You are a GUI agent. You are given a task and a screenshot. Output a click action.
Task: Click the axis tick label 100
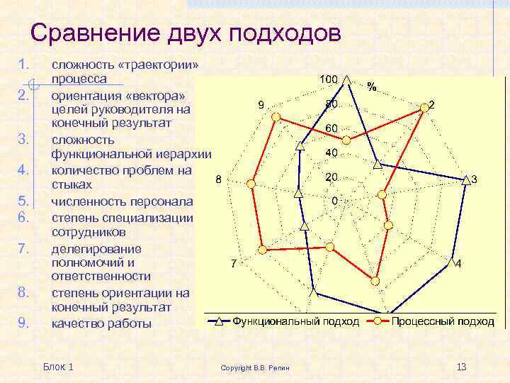pos(328,79)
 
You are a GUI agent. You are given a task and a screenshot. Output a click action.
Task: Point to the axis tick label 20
pos(331,177)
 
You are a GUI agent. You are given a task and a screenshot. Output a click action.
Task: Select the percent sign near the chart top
pos(371,87)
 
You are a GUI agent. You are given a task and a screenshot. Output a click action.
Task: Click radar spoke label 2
pos(432,104)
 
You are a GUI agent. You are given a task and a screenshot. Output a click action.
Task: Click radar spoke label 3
pos(474,180)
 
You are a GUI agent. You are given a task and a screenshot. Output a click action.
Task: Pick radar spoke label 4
pos(459,264)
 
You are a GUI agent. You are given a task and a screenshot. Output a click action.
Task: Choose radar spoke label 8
pos(218,179)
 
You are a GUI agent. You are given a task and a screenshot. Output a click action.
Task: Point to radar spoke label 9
pos(261,105)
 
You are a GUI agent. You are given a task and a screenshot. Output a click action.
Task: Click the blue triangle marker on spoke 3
pos(465,179)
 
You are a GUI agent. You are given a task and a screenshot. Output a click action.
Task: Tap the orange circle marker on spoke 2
pos(424,107)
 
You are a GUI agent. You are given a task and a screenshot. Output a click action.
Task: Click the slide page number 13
pos(462,366)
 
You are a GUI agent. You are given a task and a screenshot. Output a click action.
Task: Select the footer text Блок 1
pos(58,366)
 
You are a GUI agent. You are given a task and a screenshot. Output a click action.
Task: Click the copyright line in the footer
pos(260,368)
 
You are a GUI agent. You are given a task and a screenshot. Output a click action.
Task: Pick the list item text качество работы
pos(101,323)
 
